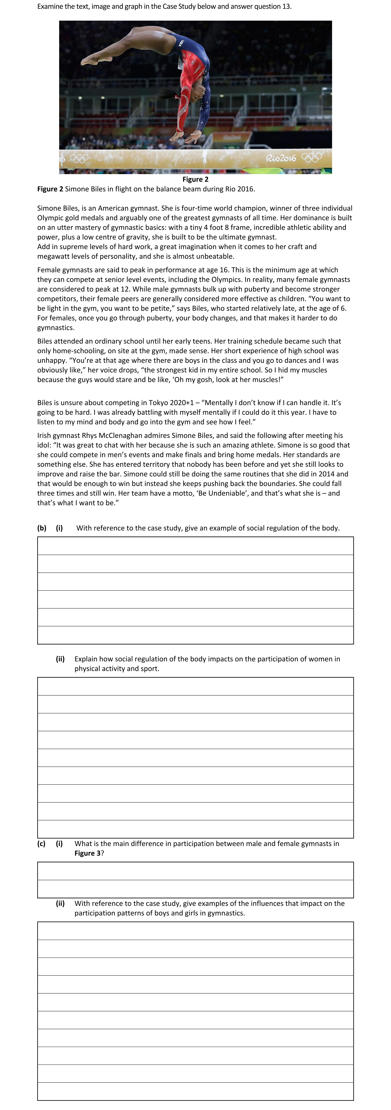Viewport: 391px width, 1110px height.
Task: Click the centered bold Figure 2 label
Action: click(195, 179)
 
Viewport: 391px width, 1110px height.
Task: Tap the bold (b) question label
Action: click(42, 528)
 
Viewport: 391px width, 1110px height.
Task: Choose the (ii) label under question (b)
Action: click(60, 659)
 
